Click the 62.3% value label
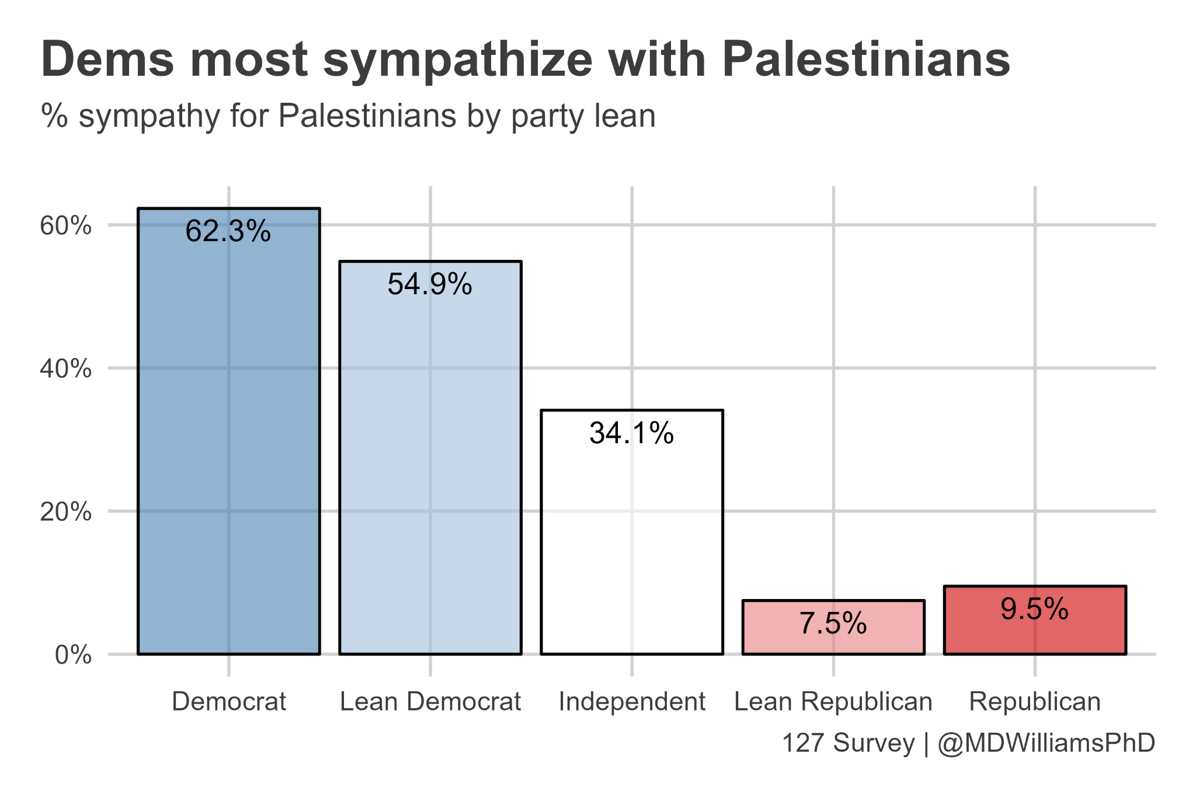pyautogui.click(x=228, y=231)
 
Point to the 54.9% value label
pyautogui.click(x=430, y=284)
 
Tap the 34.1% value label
pyautogui.click(x=632, y=433)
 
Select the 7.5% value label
pyautogui.click(x=833, y=624)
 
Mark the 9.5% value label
pyautogui.click(x=1035, y=610)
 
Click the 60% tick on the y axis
pyautogui.click(x=66, y=225)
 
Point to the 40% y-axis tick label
pyautogui.click(x=66, y=368)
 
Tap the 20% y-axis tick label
pyautogui.click(x=66, y=512)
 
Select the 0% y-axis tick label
pyautogui.click(x=73, y=655)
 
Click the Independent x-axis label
pyautogui.click(x=632, y=701)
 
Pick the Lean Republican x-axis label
pyautogui.click(x=833, y=701)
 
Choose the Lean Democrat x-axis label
pyautogui.click(x=430, y=701)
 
